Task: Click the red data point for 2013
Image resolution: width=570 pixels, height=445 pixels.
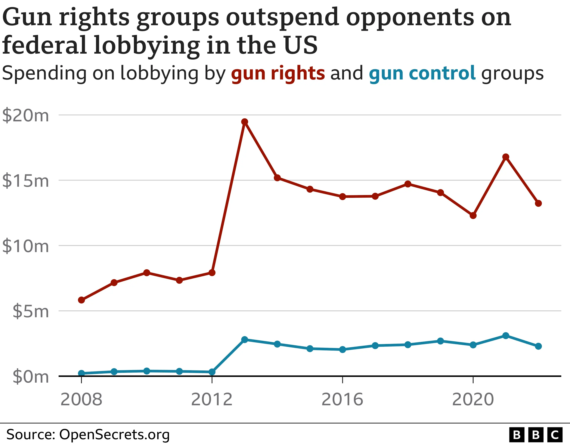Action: pyautogui.click(x=245, y=122)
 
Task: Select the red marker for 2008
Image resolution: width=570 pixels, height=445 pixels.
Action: pyautogui.click(x=81, y=300)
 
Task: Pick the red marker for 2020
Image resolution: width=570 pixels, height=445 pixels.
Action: pyautogui.click(x=473, y=216)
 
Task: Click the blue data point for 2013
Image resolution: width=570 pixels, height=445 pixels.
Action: pyautogui.click(x=245, y=340)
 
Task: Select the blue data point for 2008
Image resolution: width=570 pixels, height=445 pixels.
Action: pyautogui.click(x=81, y=373)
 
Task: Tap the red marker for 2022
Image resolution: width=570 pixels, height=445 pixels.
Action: pyautogui.click(x=538, y=203)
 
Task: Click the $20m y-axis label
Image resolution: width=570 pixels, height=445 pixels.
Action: pyautogui.click(x=26, y=115)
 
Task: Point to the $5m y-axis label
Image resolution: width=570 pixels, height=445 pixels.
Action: pyautogui.click(x=31, y=311)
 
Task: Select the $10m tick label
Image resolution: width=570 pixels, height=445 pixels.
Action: pyautogui.click(x=26, y=246)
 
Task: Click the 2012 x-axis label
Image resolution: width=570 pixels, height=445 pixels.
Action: pyautogui.click(x=212, y=399)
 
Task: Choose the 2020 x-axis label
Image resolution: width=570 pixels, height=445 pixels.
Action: pyautogui.click(x=473, y=399)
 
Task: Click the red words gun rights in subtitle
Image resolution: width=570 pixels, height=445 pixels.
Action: pyautogui.click(x=278, y=73)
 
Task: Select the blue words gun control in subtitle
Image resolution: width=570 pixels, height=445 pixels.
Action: pyautogui.click(x=422, y=73)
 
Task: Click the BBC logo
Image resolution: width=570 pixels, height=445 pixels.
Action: pyautogui.click(x=536, y=435)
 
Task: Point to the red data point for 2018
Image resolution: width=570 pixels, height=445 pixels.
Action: pyautogui.click(x=408, y=184)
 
